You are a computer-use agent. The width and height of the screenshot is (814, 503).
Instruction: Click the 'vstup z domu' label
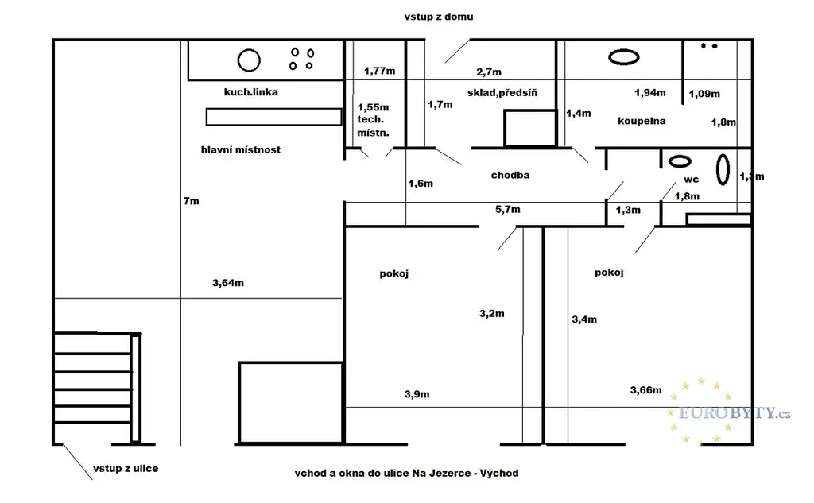coord(439,17)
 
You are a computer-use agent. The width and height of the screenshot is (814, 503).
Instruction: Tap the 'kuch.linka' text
coord(250,92)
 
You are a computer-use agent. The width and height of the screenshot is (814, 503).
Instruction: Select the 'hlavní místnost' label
coord(240,149)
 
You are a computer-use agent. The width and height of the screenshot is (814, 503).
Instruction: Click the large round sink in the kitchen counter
coord(249,60)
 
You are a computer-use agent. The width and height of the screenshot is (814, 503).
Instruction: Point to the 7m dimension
coord(191,201)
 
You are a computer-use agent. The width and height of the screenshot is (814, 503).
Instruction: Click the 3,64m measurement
coord(228,283)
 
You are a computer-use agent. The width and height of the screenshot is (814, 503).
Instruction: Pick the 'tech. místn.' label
coord(373,126)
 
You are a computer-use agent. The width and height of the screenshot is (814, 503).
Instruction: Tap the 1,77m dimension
coord(379,71)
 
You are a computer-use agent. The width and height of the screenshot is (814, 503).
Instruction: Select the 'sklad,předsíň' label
coord(502,93)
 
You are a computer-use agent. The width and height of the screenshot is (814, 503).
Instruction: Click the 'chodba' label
coord(510,175)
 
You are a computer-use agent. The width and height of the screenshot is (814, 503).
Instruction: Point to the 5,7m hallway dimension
coord(507,209)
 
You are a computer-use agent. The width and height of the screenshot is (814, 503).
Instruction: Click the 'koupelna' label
coord(642,121)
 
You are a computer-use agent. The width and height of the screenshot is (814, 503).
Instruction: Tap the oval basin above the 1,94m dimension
coord(623,56)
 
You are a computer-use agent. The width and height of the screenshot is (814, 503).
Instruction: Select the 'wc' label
coord(691,180)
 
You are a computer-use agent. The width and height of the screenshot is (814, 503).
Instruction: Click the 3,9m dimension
coord(417,394)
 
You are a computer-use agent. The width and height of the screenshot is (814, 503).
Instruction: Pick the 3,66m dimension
coord(645,390)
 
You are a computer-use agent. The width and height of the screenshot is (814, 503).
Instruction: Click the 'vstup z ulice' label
coord(126,468)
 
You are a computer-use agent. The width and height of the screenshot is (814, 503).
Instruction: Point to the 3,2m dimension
coord(491,314)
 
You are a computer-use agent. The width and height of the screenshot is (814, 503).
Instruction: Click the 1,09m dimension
coord(704,94)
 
